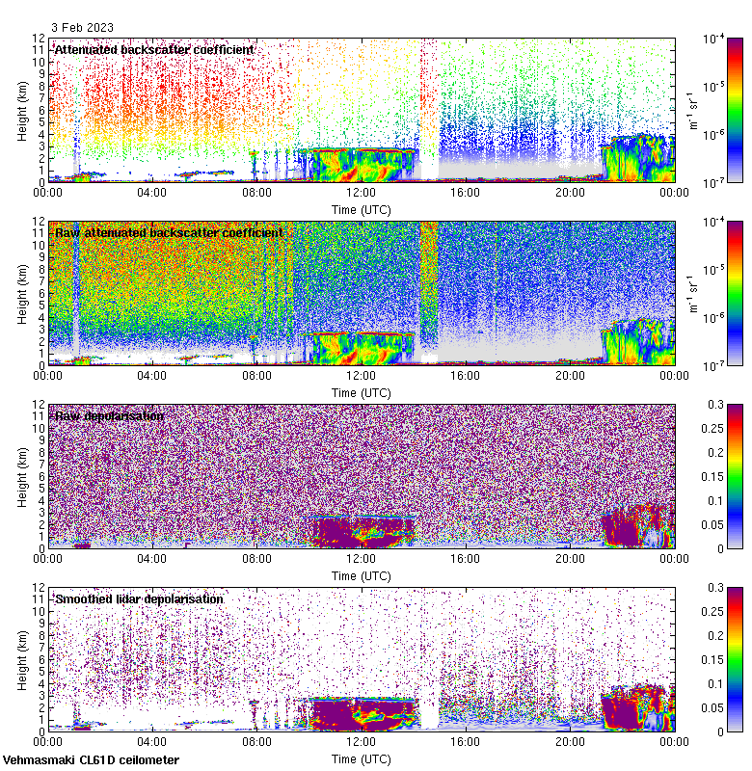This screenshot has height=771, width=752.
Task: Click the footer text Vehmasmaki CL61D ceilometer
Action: coord(91,760)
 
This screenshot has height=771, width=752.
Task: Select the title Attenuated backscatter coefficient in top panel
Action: coord(154,49)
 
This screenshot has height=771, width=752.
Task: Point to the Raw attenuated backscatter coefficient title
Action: coord(169,232)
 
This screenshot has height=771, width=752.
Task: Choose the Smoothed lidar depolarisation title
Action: coord(139,598)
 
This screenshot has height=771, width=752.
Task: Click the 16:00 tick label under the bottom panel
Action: coord(466,742)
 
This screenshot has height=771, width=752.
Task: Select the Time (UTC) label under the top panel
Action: coord(361,209)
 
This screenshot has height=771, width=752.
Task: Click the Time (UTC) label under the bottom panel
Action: coord(361,758)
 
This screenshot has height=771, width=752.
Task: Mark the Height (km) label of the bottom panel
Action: coord(22,659)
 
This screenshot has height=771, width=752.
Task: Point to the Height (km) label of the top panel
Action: coord(22,110)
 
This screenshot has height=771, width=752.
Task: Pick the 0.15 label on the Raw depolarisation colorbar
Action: coord(734,476)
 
